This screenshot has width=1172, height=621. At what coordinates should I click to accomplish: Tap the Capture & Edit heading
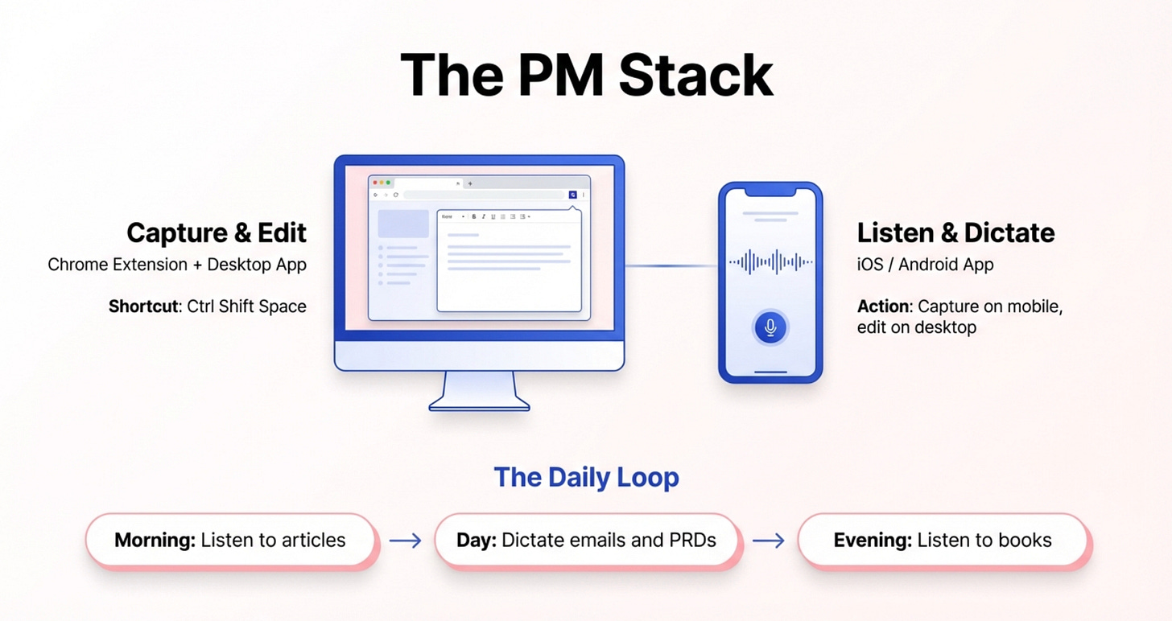[217, 233]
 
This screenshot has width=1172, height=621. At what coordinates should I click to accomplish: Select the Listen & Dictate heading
[955, 233]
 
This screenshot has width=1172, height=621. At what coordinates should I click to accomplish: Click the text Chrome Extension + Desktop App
[177, 265]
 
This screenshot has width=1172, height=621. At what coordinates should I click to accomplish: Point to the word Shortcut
[142, 306]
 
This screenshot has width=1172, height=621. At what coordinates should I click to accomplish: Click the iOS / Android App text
[925, 265]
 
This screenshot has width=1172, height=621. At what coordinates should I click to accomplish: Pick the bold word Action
[883, 306]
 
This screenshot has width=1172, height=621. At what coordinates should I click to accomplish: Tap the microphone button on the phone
[770, 327]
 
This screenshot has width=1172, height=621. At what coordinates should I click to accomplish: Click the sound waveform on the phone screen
[770, 261]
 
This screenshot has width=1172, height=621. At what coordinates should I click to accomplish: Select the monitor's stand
[479, 392]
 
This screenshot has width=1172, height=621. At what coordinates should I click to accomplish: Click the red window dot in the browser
[375, 183]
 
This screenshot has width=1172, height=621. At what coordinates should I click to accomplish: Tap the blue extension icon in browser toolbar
[572, 195]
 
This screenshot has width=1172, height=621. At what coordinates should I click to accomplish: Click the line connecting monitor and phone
[671, 265]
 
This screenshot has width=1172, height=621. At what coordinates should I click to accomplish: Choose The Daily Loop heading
[586, 477]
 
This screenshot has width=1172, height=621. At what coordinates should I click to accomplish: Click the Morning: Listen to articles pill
[230, 540]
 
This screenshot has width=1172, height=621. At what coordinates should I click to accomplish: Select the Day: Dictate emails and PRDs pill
[586, 540]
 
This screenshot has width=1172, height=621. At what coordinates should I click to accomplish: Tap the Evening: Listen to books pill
[943, 540]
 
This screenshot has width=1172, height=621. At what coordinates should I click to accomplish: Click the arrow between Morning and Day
[405, 541]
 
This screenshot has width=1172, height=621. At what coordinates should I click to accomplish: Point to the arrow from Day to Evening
[768, 541]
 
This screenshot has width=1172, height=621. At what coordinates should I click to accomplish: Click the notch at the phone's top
[770, 191]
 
